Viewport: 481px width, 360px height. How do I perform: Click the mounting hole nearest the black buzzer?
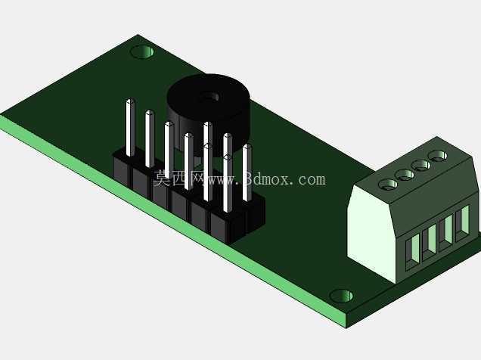pyautogui.click(x=142, y=51)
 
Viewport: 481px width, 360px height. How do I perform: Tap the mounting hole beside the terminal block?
pyautogui.click(x=341, y=296)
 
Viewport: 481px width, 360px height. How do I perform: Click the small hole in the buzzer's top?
pyautogui.click(x=213, y=97)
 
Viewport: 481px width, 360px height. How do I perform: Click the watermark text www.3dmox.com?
pyautogui.click(x=266, y=178)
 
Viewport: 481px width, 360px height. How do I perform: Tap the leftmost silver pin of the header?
pyautogui.click(x=130, y=128)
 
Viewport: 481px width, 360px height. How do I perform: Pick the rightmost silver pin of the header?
pyautogui.click(x=247, y=172)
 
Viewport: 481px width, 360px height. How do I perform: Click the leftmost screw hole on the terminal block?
pyautogui.click(x=388, y=185)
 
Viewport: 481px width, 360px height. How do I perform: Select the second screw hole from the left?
pyautogui.click(x=405, y=175)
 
